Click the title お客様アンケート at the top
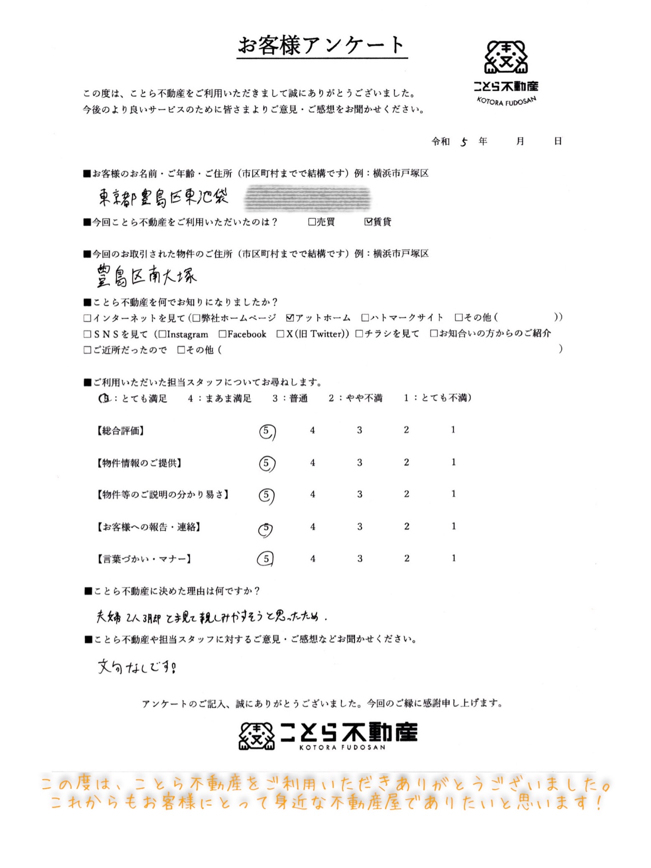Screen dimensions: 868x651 [322, 45]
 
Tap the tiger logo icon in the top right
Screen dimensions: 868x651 [506, 57]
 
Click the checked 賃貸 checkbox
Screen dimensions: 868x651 [368, 221]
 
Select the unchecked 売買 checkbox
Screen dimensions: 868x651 [312, 221]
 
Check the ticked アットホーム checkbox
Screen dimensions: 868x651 [290, 318]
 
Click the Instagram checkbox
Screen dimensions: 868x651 [163, 334]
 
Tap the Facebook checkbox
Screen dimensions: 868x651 [223, 334]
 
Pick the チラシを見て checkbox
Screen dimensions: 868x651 [359, 333]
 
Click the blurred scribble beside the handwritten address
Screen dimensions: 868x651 [308, 197]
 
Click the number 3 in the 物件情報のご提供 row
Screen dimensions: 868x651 [359, 463]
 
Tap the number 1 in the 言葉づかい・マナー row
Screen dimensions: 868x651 [453, 558]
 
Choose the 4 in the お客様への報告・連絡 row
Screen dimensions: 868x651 [313, 527]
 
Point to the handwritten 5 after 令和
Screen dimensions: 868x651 [464, 142]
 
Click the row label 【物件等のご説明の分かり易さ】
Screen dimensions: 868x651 [163, 495]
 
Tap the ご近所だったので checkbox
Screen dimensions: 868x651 [87, 350]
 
